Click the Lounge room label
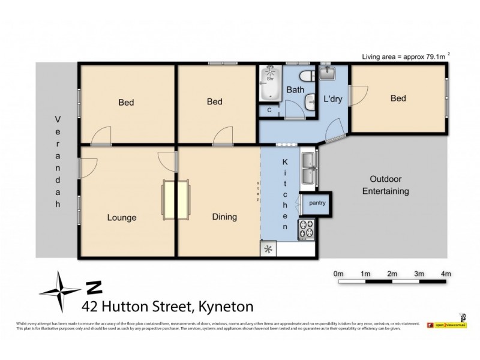(x=122, y=218)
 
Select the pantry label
(x=317, y=203)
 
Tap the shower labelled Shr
(x=270, y=77)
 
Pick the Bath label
(x=295, y=90)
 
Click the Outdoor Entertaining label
(x=389, y=185)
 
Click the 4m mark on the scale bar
(x=445, y=274)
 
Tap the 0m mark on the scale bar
(x=338, y=274)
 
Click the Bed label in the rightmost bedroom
(x=398, y=98)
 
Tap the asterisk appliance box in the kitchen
(x=268, y=250)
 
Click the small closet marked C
(x=269, y=110)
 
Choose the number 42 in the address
(x=89, y=306)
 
